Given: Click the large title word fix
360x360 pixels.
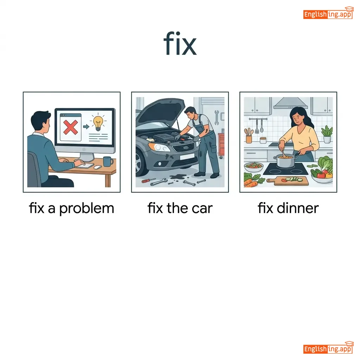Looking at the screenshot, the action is click(180, 43).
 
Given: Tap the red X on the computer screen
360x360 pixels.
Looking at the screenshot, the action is click(70, 127).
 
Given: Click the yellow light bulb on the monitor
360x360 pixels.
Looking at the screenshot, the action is click(98, 123).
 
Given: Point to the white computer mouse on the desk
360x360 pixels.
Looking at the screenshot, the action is click(98, 167).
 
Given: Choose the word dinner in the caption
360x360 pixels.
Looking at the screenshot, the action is click(298, 208).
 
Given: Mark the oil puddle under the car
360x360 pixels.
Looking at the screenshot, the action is click(178, 177).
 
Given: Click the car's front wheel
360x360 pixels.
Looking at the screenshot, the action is click(140, 162).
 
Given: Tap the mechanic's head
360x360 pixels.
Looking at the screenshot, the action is click(190, 112).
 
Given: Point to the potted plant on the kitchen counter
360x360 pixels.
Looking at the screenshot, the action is click(327, 135).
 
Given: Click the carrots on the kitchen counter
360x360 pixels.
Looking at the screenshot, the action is click(252, 181).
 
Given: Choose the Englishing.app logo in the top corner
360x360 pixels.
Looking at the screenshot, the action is click(328, 13).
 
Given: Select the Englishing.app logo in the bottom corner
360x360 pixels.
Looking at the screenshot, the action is click(328, 348).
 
